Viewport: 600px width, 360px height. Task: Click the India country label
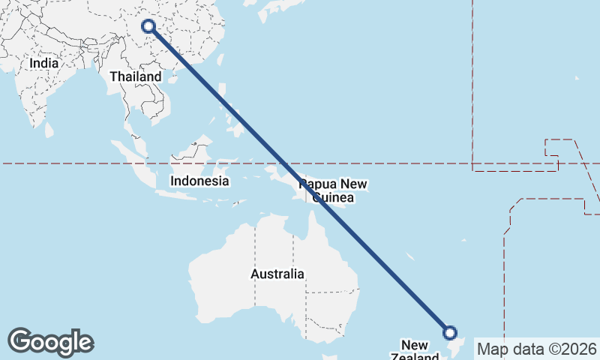click(x=44, y=64)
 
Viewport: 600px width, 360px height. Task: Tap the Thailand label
click(x=136, y=76)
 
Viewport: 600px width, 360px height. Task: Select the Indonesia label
click(x=199, y=181)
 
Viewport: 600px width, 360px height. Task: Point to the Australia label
click(x=277, y=274)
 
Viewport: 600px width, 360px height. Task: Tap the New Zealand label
click(x=414, y=351)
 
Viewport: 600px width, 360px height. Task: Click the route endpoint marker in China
click(x=148, y=26)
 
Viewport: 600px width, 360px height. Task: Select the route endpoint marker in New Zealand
click(x=450, y=332)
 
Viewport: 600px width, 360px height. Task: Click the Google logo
click(x=50, y=342)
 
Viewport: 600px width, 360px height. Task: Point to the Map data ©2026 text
click(x=536, y=349)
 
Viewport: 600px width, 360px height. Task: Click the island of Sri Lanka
click(x=49, y=130)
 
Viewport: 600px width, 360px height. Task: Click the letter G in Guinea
click(x=316, y=198)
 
